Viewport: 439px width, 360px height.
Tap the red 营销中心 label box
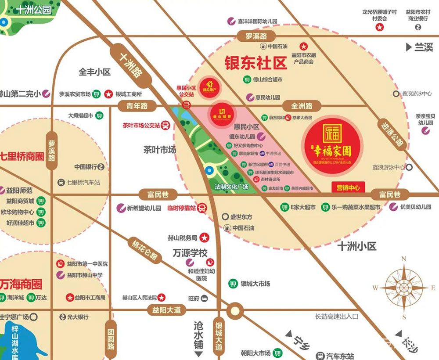click(x=348, y=187)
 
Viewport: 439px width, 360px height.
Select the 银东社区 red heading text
click(x=255, y=63)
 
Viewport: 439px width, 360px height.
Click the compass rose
click(x=404, y=288)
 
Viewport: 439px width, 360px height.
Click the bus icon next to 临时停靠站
click(x=202, y=208)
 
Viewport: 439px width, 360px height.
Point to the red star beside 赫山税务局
click(x=204, y=238)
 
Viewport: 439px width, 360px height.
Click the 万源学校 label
click(x=190, y=253)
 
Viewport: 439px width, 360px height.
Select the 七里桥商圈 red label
click(x=22, y=156)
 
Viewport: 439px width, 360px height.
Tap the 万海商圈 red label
click(x=21, y=284)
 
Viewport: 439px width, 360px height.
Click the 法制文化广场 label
click(x=231, y=187)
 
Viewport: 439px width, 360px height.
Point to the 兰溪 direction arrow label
click(x=420, y=47)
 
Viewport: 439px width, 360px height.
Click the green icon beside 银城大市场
click(x=232, y=283)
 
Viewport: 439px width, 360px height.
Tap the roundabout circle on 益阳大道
click(x=235, y=310)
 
